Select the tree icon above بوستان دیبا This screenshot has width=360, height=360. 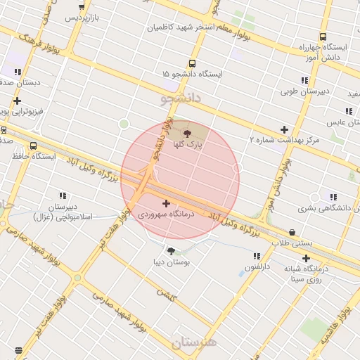coord(171,250)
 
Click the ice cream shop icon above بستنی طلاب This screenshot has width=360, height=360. coord(292,232)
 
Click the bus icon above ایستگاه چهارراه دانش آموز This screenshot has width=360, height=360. coord(323,37)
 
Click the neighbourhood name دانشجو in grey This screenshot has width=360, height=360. coord(181,99)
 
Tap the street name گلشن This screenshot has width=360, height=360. coord(167,297)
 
